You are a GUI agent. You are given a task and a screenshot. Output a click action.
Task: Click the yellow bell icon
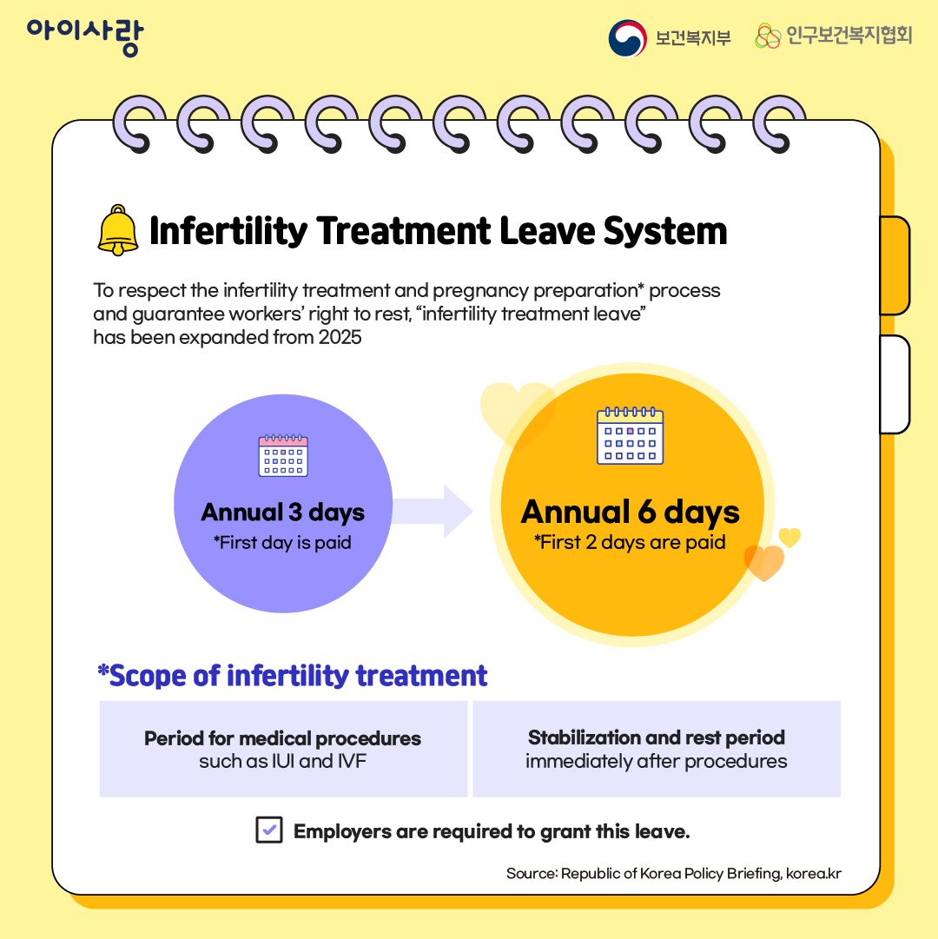(118, 230)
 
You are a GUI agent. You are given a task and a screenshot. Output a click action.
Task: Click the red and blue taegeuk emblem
(627, 38)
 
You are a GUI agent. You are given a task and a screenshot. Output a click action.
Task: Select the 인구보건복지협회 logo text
(849, 36)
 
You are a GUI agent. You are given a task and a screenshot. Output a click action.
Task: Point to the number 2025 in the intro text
(340, 337)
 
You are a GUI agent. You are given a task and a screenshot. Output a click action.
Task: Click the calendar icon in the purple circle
(283, 456)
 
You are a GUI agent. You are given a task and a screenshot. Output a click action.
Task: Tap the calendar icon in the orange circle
(630, 436)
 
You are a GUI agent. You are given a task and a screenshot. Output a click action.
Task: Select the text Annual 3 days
(283, 512)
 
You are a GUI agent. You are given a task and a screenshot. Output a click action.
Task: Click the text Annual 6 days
(630, 512)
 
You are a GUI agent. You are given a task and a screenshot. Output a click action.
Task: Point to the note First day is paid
(283, 543)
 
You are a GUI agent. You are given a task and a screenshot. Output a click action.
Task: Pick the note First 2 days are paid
(630, 543)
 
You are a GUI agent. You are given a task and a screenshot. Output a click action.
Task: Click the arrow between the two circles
(434, 512)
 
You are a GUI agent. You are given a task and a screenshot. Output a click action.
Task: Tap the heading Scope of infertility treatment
(293, 676)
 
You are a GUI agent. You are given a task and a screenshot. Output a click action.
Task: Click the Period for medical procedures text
(283, 738)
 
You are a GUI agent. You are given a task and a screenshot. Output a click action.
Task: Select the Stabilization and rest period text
(657, 737)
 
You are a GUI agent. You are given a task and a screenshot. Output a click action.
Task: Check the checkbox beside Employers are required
(269, 830)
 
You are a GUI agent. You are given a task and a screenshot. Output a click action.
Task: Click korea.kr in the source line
(814, 874)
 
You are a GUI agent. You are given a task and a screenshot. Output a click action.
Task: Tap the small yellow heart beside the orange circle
(789, 538)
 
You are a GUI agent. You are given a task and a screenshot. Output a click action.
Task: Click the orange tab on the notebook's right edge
(895, 265)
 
